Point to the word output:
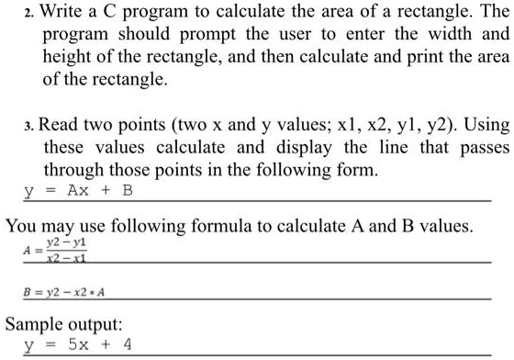[x=107, y=324]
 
